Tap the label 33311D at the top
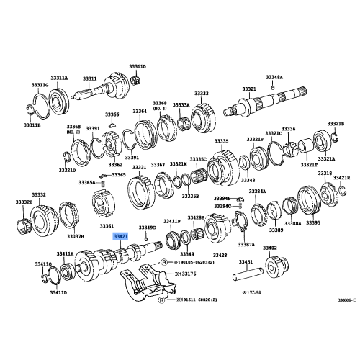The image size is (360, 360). click(x=138, y=66)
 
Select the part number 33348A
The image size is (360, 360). click(x=274, y=76)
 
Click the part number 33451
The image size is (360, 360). click(x=246, y=262)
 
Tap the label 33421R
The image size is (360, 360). click(x=341, y=177)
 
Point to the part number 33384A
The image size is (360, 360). click(x=258, y=192)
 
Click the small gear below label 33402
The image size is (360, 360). click(x=274, y=266)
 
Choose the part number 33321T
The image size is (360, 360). click(x=308, y=164)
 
